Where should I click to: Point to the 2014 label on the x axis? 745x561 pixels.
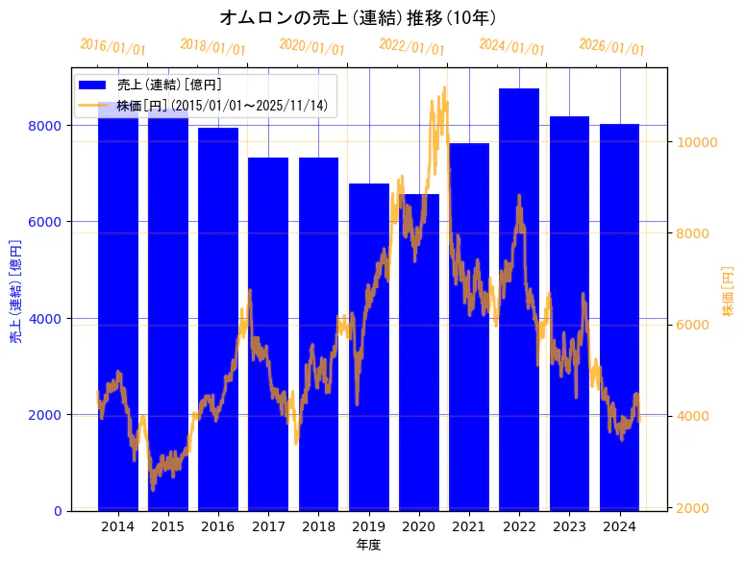click(118, 526)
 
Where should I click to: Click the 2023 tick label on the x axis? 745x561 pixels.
click(569, 526)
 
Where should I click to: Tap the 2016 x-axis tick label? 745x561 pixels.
click(218, 526)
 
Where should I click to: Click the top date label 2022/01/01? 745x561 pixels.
click(412, 47)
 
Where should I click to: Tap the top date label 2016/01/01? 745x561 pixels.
click(112, 46)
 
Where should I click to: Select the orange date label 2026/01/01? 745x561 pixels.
click(612, 47)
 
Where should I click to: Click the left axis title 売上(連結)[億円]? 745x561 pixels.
click(15, 292)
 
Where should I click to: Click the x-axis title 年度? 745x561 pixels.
click(368, 545)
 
